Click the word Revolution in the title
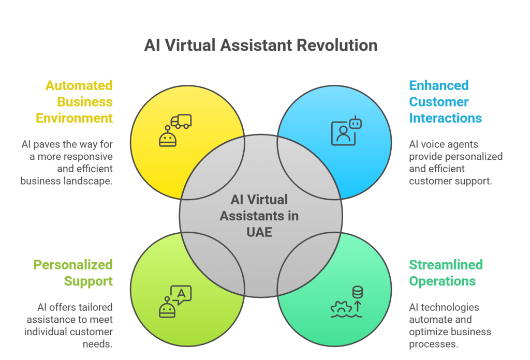point(337,45)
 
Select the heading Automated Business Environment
point(74,101)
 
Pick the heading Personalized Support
point(73,273)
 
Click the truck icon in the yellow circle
point(182,121)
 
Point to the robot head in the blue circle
point(355,123)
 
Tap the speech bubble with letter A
point(181,294)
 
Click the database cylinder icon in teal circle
point(357,293)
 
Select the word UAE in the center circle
point(260,231)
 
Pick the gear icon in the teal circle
point(342,308)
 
